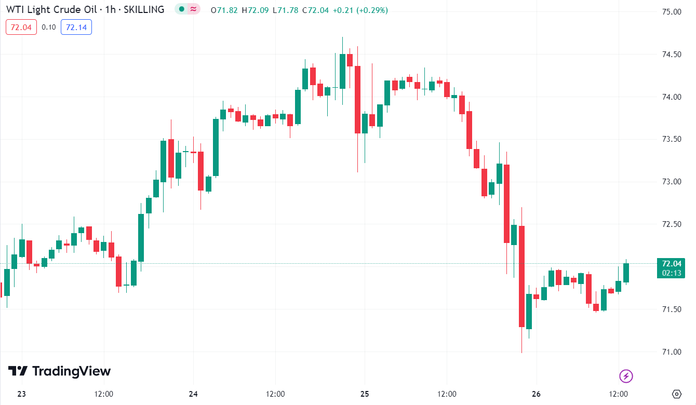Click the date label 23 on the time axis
21,394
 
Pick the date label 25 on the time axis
365,394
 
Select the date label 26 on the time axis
536,394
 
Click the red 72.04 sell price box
21,27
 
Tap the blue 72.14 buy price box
76,27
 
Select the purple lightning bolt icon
626,376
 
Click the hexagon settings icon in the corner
676,394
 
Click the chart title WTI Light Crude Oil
52,9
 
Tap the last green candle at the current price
626,273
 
